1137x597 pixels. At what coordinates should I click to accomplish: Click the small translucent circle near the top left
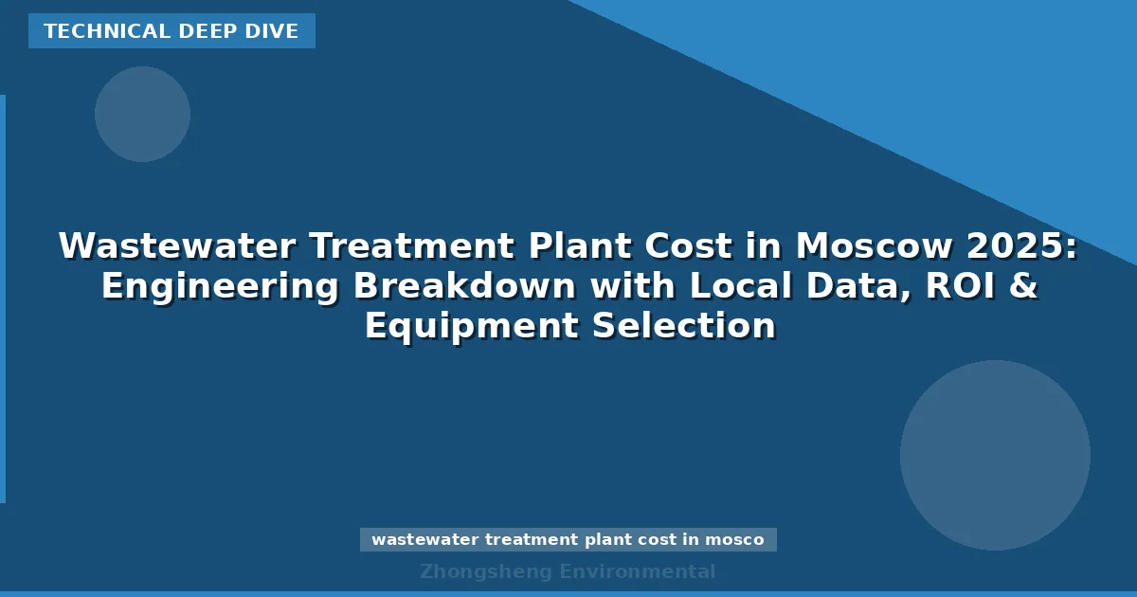[x=142, y=114]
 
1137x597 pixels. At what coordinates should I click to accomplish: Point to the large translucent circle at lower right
[x=995, y=455]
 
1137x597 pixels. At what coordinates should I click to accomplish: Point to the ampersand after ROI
[x=1020, y=286]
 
